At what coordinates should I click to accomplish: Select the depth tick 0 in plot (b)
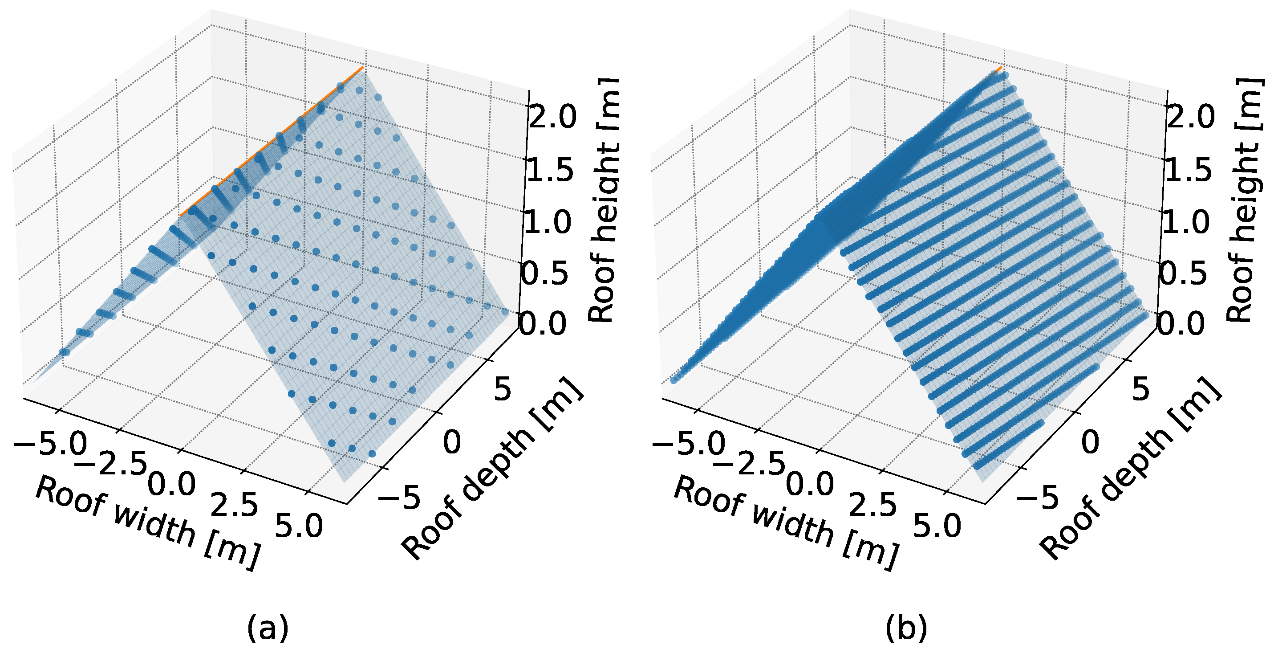(x=1090, y=442)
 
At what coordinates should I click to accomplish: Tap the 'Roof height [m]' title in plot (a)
(x=603, y=200)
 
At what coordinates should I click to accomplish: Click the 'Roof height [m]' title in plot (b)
(x=1241, y=200)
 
